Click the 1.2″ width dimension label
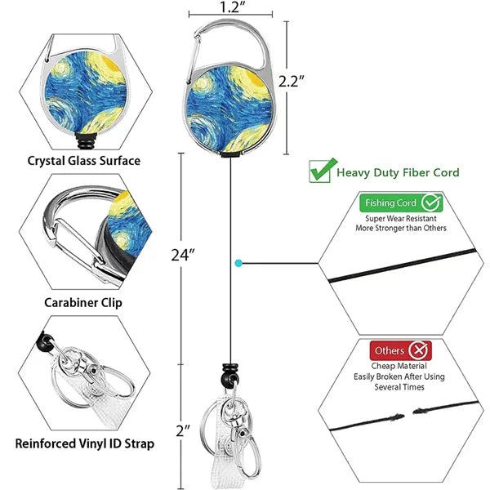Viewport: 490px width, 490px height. coord(229,7)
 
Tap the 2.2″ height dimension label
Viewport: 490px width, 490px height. coord(291,82)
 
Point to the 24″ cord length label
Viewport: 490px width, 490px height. coord(183,255)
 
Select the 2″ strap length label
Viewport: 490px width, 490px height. coord(183,431)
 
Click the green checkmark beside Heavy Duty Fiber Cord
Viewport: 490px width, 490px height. coord(322,171)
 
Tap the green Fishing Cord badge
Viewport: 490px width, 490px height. coord(401,203)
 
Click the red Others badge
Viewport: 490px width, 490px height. coord(401,350)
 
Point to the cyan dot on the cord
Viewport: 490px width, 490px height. coord(238,264)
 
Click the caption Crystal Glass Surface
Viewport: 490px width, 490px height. coord(84,161)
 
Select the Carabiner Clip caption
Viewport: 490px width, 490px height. coord(83,303)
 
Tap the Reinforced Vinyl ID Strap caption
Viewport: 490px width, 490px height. coord(85,443)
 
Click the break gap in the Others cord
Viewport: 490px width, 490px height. coord(408,414)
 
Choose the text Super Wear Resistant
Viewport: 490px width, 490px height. coord(401,218)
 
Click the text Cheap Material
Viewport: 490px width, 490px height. coord(399,366)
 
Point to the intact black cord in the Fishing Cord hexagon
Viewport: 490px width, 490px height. coord(403,265)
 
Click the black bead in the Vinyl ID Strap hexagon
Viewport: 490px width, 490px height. coord(45,342)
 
